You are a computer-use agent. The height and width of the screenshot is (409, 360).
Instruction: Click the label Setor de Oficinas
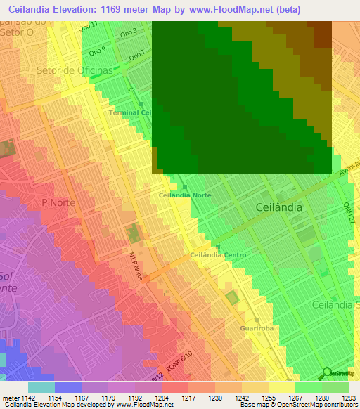coord(75,71)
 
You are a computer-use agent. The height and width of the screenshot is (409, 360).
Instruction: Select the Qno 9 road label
coord(99,50)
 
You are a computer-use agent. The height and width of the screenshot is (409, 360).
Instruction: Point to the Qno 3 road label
coord(128,33)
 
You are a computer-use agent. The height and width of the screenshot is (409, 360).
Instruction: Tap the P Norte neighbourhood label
coord(58,202)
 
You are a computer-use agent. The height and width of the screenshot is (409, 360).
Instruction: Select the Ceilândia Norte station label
coord(185,195)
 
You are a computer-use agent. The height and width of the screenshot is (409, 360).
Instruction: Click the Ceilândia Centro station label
coord(217,255)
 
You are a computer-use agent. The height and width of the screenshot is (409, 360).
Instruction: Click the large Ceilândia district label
coord(279,207)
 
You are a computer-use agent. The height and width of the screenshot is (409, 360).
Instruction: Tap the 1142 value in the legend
coord(27,397)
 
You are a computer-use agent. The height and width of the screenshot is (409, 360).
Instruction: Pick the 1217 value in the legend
coord(188,397)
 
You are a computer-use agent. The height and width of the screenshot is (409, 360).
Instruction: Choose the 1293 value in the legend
coord(349,397)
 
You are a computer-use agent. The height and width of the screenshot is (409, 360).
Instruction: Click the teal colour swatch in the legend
coord(41,387)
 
